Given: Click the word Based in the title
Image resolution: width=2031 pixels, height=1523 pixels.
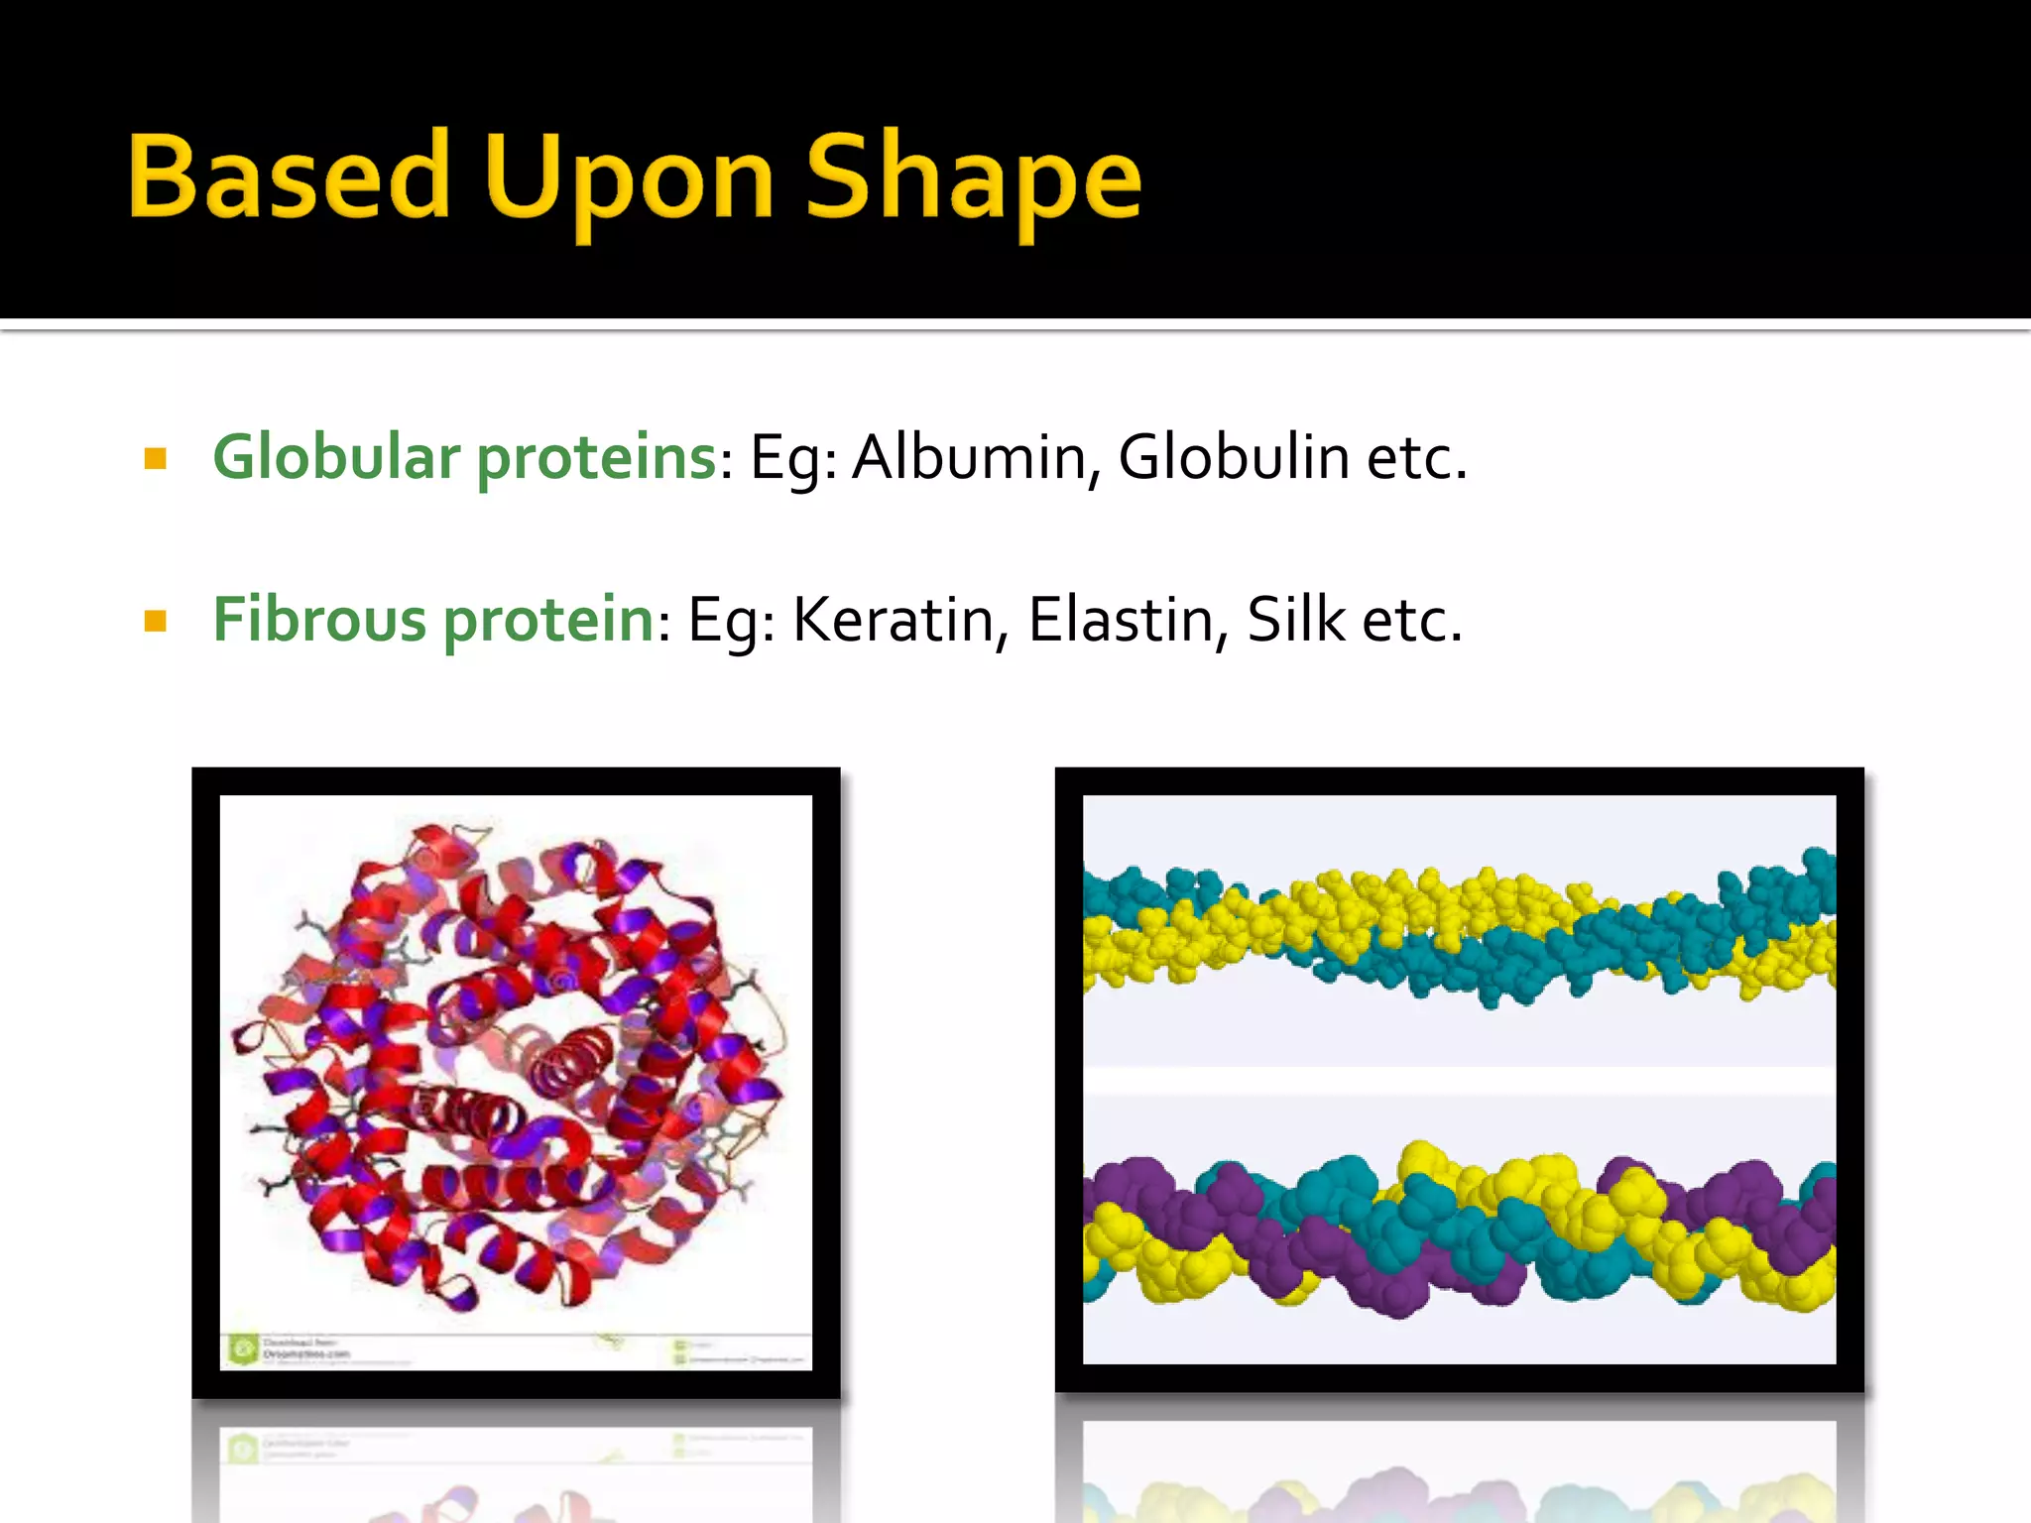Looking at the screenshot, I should coord(290,177).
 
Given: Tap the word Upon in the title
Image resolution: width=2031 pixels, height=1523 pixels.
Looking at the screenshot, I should coord(629,180).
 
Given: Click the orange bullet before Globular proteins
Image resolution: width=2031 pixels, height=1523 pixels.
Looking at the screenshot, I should coord(156,459).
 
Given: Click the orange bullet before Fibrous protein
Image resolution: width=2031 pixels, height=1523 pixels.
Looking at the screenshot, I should coord(156,622).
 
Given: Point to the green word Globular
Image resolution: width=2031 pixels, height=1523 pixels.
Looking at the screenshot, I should coord(337,458).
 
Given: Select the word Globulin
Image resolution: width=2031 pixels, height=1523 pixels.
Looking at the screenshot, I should coord(1234,459).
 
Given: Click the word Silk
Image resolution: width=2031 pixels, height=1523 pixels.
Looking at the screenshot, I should coord(1296,621).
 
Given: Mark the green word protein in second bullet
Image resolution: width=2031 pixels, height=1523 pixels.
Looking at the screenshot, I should coord(547,623).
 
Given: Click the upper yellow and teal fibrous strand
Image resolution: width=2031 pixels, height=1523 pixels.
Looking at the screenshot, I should coord(1458,927).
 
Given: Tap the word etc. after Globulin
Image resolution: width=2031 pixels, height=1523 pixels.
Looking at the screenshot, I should coord(1416,459).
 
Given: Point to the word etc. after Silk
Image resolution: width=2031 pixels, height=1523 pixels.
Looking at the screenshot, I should coord(1412,621).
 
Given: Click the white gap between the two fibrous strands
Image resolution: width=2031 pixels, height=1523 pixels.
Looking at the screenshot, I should coord(1458,1081).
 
